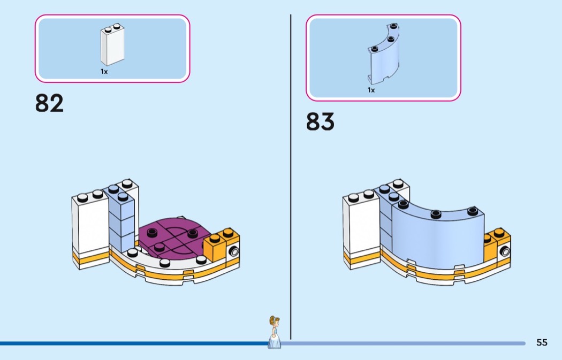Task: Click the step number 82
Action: pyautogui.click(x=49, y=103)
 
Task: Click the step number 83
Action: pyautogui.click(x=320, y=121)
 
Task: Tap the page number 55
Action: pyautogui.click(x=542, y=342)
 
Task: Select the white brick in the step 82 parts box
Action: pyautogui.click(x=112, y=44)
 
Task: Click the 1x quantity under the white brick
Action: pyautogui.click(x=104, y=72)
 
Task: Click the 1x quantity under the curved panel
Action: pyautogui.click(x=371, y=90)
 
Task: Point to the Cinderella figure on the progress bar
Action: pyautogui.click(x=275, y=332)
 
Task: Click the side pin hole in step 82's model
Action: pyautogui.click(x=234, y=251)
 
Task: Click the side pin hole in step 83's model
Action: pyautogui.click(x=505, y=251)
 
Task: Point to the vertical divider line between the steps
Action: pyautogui.click(x=291, y=177)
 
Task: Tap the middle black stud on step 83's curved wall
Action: pyautogui.click(x=436, y=214)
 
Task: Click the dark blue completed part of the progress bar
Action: pyautogui.click(x=134, y=343)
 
